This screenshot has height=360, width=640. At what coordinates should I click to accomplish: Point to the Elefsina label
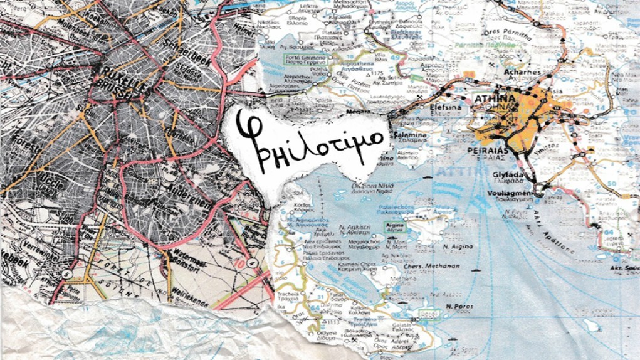point(427,108)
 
